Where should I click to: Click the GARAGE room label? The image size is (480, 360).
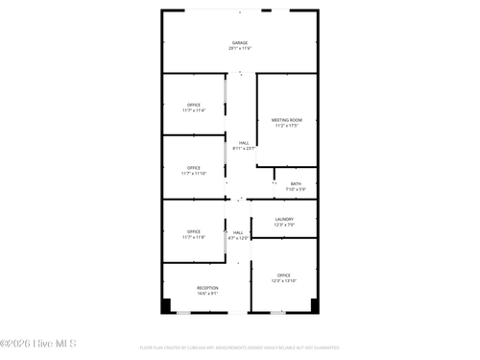239,42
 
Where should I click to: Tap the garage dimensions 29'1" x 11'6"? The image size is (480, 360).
239,48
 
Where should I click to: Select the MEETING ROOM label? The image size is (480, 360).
287,120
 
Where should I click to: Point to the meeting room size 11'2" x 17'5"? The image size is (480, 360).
287,126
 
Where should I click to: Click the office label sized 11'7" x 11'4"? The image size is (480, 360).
194,105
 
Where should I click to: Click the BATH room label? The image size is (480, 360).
296,183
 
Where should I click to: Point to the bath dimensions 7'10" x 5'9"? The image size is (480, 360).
296,189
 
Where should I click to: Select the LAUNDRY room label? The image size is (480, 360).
284,219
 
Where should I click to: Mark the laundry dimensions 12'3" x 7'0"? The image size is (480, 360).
284,225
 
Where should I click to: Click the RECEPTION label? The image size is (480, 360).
207,288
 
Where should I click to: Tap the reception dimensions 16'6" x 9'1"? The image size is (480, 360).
207,294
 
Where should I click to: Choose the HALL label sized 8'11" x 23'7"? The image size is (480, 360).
244,142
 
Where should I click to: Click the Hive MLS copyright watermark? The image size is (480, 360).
38,344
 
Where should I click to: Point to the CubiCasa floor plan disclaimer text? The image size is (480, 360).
239,348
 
